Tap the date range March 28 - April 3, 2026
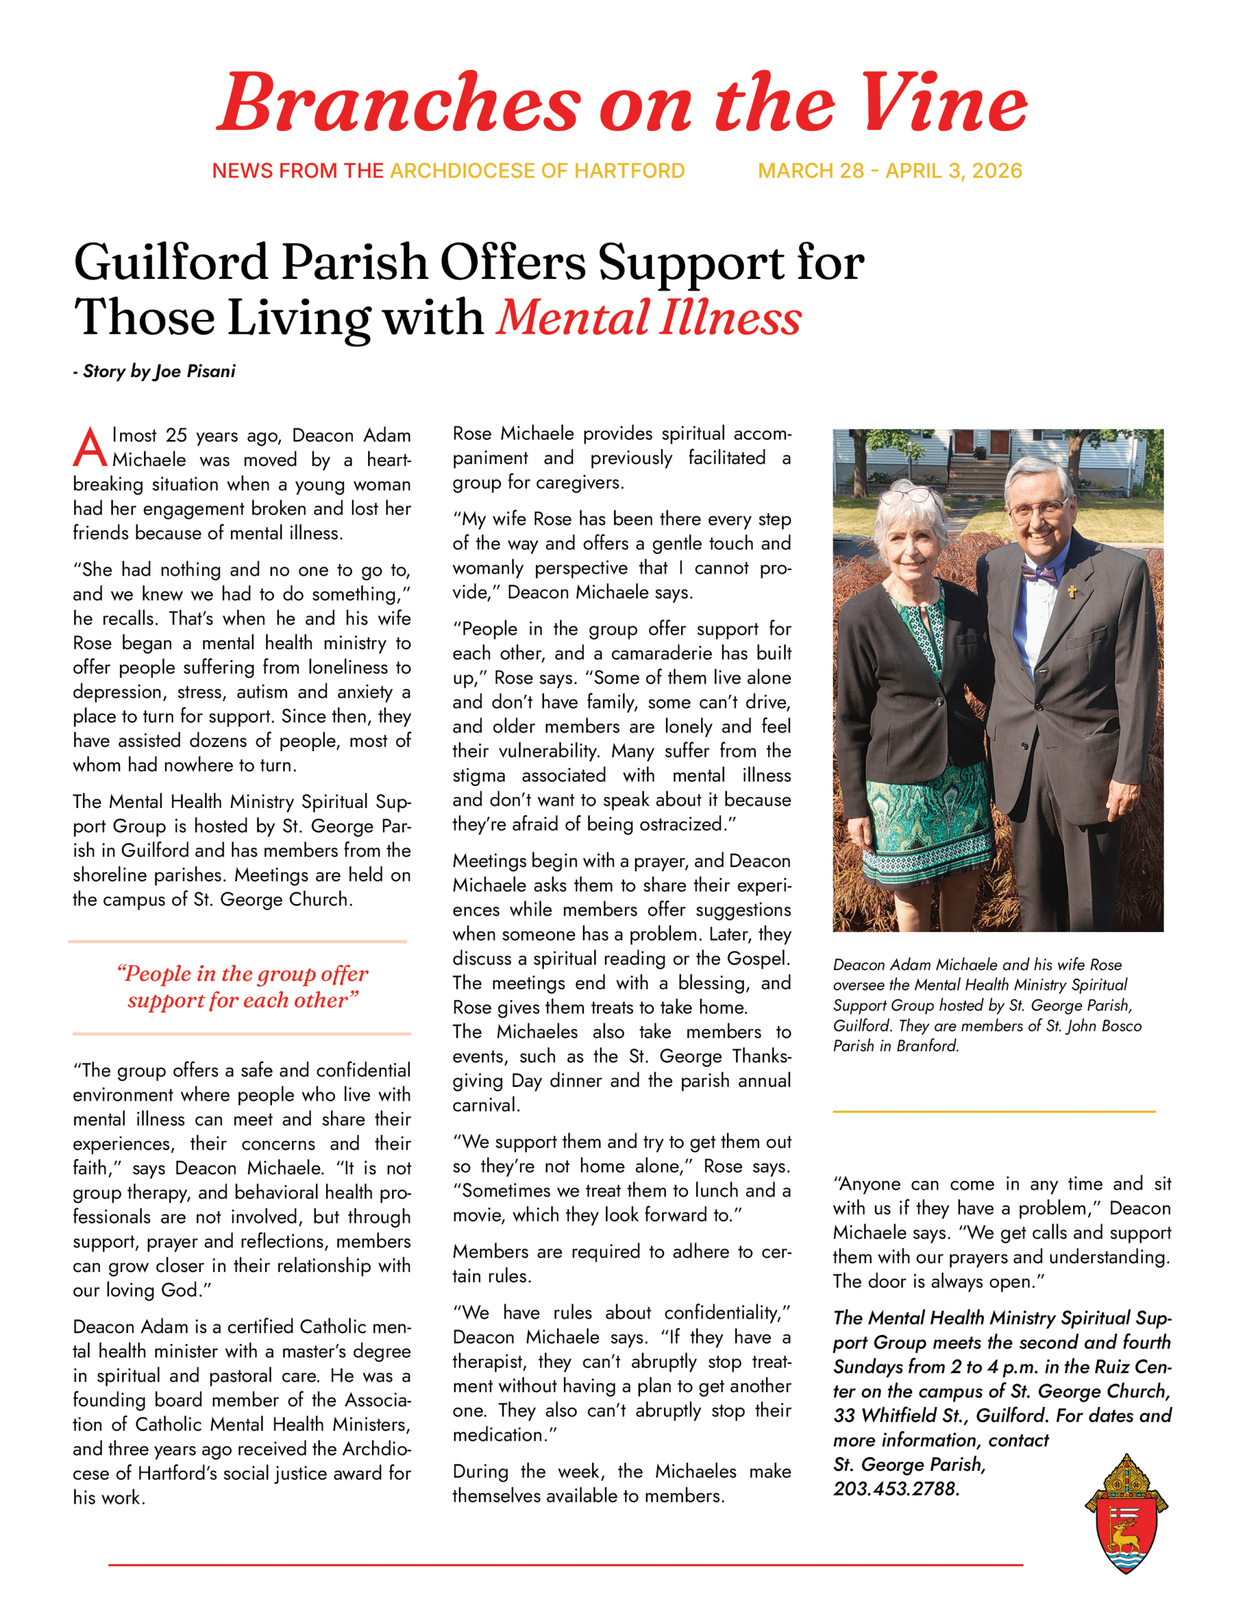click(x=889, y=171)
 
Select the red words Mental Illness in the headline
click(x=649, y=318)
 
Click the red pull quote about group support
click(x=242, y=987)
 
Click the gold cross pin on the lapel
click(x=1073, y=591)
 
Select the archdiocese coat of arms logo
click(x=1125, y=1514)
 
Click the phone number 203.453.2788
click(x=896, y=1489)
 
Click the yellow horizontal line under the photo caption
click(x=993, y=1111)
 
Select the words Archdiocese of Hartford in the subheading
click(x=538, y=171)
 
